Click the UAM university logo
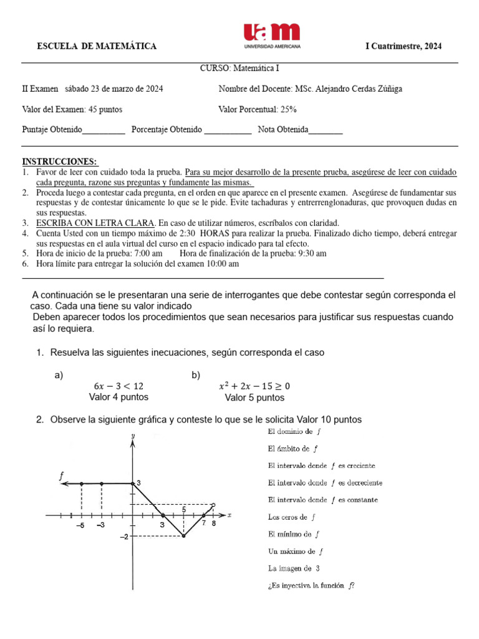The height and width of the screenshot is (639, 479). coord(271,36)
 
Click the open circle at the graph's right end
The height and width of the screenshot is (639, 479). coord(214,505)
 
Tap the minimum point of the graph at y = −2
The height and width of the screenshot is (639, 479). coord(183,535)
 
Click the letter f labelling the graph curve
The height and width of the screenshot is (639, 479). coord(62,476)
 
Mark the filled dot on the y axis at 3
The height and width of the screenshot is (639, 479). coord(132,483)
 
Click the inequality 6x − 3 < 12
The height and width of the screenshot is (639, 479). coord(119,386)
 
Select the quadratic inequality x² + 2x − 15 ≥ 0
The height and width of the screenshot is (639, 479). coord(254,386)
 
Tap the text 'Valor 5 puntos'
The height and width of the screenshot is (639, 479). coord(254,398)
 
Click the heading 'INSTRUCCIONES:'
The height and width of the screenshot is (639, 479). coord(59,162)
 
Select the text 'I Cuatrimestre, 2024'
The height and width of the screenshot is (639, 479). coord(403,47)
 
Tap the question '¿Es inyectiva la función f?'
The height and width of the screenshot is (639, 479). coord(310,585)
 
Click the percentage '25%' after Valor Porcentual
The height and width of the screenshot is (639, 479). coord(289,109)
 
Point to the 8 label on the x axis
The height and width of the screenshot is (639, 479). coord(213,524)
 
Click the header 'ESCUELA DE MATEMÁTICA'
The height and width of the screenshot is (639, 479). coord(97,47)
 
